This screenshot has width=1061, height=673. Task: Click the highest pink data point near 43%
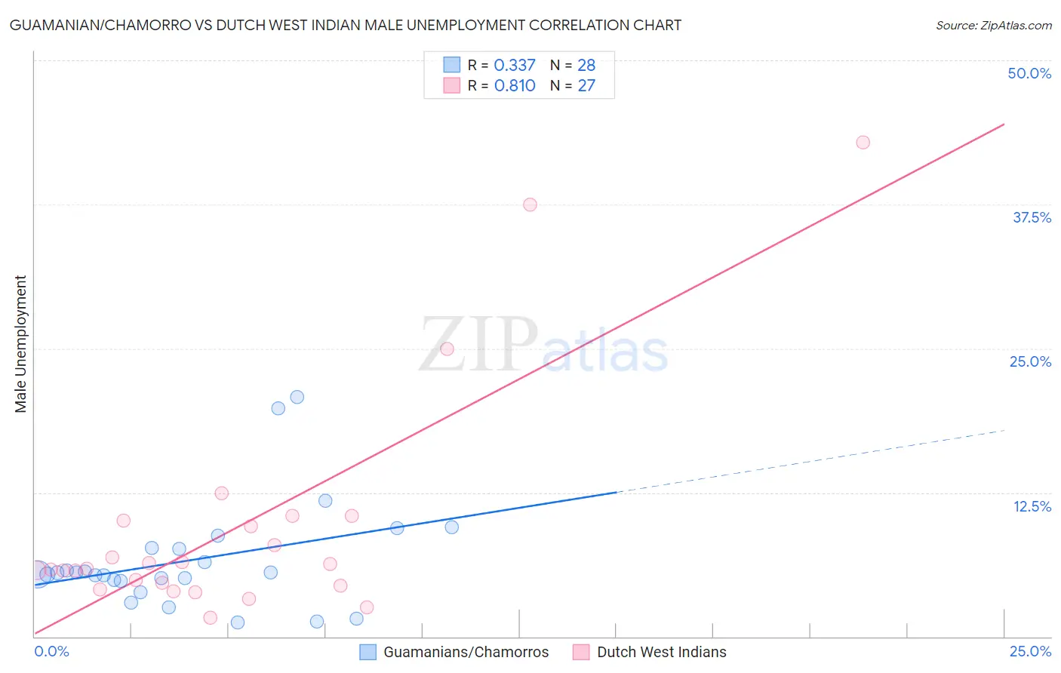[x=863, y=143]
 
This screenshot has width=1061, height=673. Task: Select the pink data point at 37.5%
[x=530, y=204]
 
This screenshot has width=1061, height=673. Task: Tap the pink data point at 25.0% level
[x=447, y=349]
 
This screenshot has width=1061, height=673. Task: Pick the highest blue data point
[x=297, y=397]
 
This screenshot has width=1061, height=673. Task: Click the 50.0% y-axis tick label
[x=1029, y=73]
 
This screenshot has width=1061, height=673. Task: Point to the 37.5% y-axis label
[x=1032, y=217]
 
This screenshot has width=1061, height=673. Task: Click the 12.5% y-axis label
[x=1032, y=506]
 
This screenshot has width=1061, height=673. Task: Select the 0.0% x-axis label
[x=52, y=651]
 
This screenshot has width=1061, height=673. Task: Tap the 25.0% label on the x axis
[x=1030, y=651]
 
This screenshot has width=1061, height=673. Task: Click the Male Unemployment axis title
[x=20, y=344]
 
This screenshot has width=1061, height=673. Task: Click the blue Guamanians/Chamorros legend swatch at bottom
[x=368, y=652]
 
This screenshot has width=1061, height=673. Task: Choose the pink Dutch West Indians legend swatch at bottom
[x=581, y=652]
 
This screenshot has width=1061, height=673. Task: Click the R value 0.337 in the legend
[x=515, y=65]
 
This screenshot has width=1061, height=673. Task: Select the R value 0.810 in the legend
[x=515, y=85]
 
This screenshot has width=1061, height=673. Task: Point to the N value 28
[x=586, y=65]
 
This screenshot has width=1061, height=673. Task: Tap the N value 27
[x=586, y=85]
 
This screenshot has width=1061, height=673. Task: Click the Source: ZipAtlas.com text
[x=993, y=26]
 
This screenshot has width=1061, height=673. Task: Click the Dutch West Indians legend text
[x=661, y=652]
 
